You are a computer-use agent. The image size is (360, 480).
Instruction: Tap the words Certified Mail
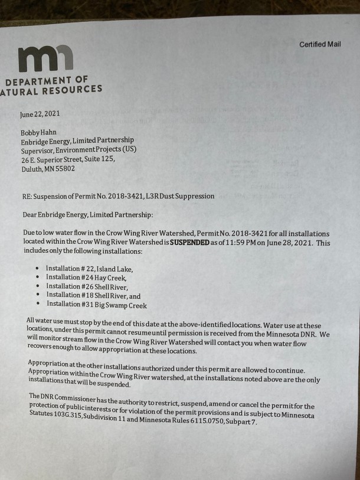(320, 45)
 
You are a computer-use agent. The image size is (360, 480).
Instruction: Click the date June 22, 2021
(40, 114)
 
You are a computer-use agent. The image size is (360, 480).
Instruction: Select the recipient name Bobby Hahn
(40, 133)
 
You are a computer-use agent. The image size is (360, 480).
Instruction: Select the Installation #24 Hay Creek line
(86, 277)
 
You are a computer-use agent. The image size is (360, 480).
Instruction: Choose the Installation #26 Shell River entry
(87, 286)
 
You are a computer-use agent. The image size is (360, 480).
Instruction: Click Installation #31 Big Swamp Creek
(96, 305)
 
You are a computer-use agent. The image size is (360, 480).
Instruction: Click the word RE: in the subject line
(27, 196)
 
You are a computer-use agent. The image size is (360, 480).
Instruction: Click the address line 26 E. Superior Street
(68, 159)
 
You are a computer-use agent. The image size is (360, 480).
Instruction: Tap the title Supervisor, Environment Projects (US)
(78, 150)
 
